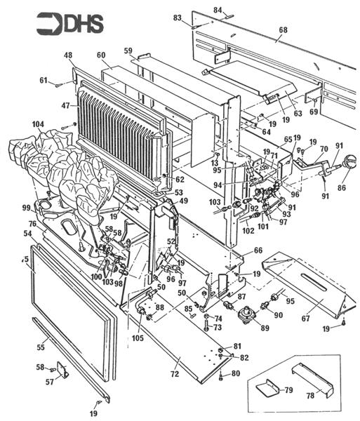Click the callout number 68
coord(283,31)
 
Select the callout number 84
coord(218,10)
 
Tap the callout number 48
coord(68,55)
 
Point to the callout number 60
coord(101,55)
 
